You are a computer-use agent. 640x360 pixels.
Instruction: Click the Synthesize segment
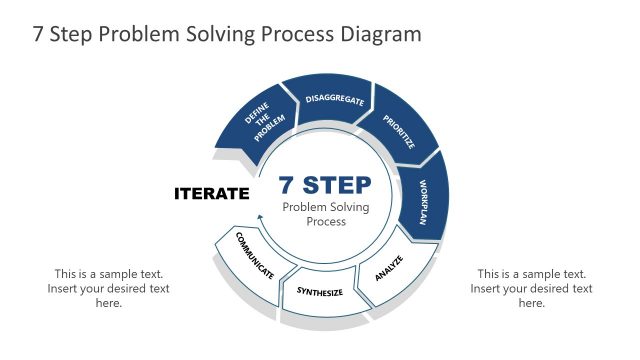click(x=320, y=292)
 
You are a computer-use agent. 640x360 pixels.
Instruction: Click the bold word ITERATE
click(x=211, y=193)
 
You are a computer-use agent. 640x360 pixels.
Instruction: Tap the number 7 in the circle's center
click(x=286, y=185)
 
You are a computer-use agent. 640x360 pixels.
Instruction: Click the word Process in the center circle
click(x=326, y=221)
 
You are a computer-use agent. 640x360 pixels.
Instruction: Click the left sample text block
click(x=109, y=288)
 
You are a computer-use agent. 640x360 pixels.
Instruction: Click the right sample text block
click(x=531, y=288)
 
